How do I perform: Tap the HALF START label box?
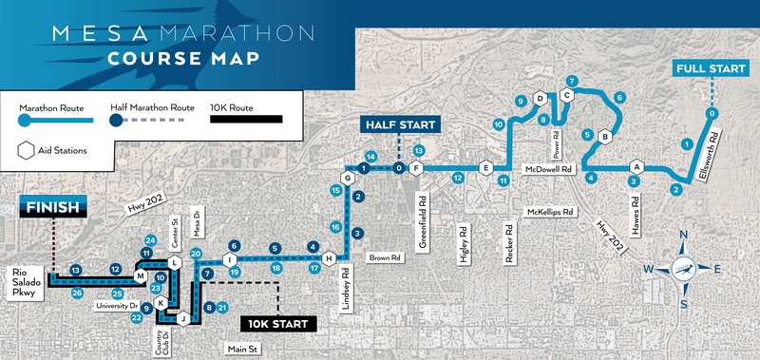click(399, 125)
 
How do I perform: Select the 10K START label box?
click(276, 324)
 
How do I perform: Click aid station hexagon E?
click(485, 168)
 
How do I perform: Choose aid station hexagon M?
click(140, 276)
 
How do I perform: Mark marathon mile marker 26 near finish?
click(77, 293)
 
